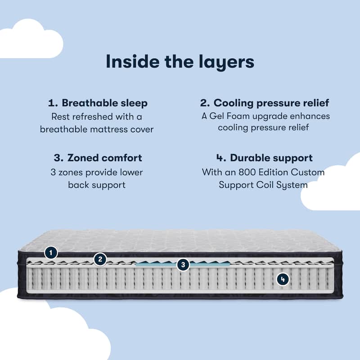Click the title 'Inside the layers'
click(x=180, y=62)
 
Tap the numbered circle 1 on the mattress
click(x=51, y=253)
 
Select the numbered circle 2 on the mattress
click(x=100, y=260)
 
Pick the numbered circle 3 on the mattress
click(x=183, y=265)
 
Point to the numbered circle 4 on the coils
click(x=283, y=279)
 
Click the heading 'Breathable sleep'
click(x=104, y=103)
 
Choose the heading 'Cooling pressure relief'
click(x=271, y=103)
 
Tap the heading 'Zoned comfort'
click(x=105, y=158)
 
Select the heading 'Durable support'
click(x=271, y=158)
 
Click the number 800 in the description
click(x=246, y=172)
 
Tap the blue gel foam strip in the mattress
click(x=183, y=264)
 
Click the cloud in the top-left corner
click(x=31, y=39)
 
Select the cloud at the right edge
click(x=331, y=181)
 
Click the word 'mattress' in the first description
click(x=109, y=130)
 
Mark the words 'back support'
click(x=97, y=185)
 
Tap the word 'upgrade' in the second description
click(x=270, y=117)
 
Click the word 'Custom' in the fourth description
click(x=308, y=172)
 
